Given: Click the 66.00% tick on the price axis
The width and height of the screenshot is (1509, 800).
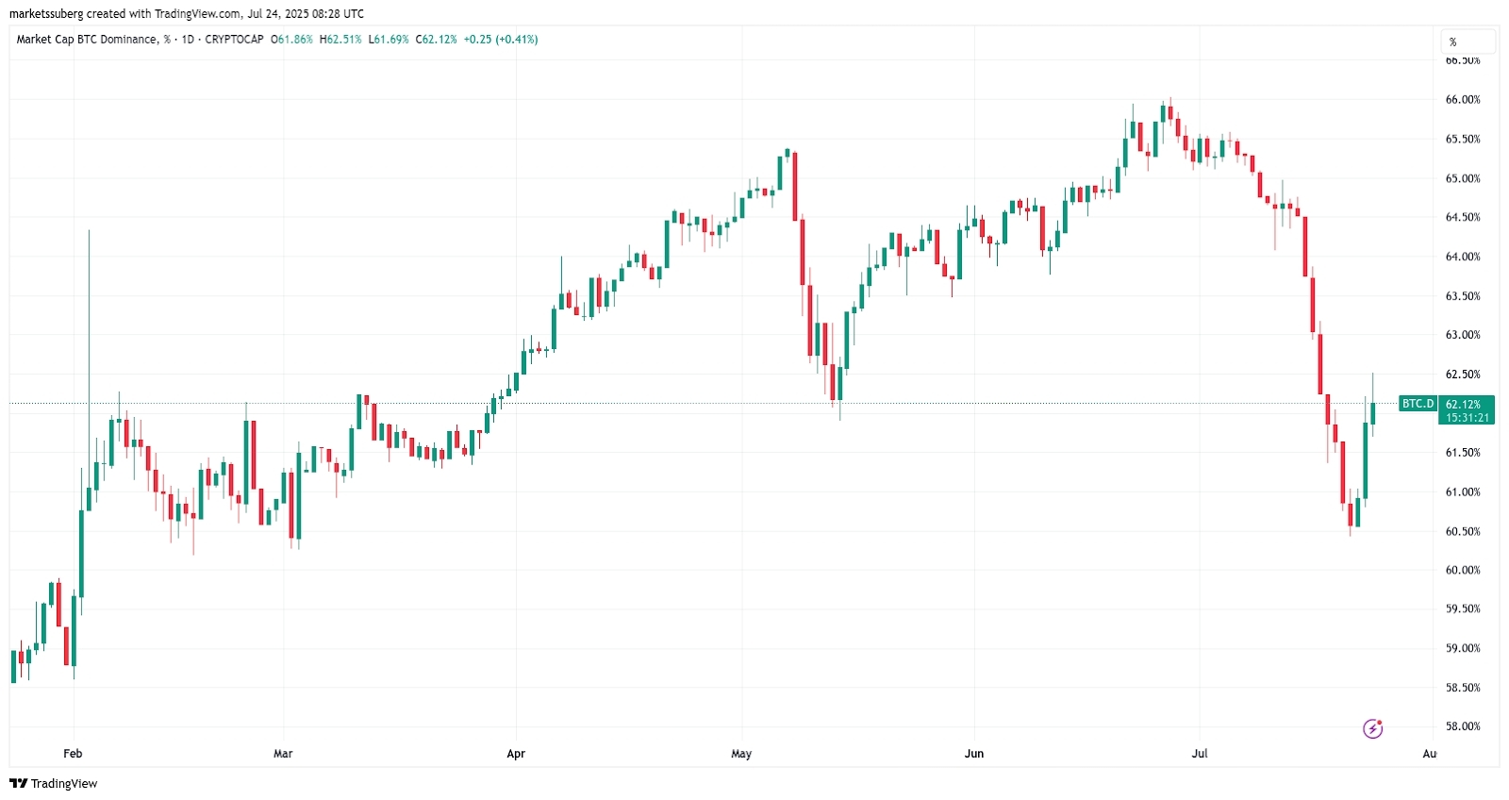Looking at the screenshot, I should [x=1462, y=100].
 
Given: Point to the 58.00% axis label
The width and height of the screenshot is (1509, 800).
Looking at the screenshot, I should [x=1462, y=726].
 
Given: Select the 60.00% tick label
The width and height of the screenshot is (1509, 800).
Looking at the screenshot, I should [x=1462, y=570].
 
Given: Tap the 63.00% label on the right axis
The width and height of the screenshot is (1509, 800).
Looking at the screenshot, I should [x=1462, y=335].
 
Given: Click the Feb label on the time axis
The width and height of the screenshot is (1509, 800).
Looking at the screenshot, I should [x=73, y=754].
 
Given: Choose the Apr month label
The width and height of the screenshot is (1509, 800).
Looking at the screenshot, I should [x=516, y=754].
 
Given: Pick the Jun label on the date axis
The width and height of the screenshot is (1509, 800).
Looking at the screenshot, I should [x=974, y=754].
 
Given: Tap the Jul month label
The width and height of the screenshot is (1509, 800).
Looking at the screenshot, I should [x=1200, y=754].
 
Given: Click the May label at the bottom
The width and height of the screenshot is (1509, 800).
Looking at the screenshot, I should [x=741, y=754].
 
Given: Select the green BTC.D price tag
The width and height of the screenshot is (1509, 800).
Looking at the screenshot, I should [x=1418, y=404].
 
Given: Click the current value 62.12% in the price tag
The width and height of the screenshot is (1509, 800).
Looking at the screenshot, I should [x=1463, y=404].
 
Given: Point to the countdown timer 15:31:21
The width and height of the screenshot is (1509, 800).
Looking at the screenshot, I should [x=1468, y=417].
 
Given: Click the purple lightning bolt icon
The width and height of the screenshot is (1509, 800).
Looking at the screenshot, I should [x=1373, y=728].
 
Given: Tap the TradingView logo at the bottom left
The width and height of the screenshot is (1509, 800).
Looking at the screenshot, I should [x=54, y=784].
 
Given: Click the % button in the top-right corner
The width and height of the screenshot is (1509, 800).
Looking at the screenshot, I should [x=1468, y=42].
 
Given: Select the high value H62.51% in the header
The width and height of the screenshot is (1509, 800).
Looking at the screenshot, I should [x=340, y=40].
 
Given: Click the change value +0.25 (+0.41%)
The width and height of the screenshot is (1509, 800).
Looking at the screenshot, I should [x=501, y=40].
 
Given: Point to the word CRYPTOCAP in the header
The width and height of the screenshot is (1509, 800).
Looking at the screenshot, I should [x=234, y=40].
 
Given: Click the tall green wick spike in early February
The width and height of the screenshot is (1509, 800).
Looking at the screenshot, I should [x=89, y=311].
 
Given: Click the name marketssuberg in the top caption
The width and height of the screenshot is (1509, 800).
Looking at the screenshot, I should [x=46, y=14].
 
